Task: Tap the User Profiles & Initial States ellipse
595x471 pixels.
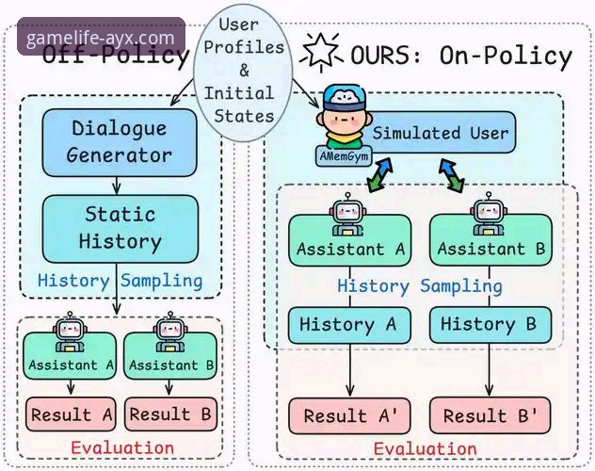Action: click(238, 71)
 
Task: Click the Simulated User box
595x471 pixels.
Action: click(438, 132)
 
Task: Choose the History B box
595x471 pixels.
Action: click(488, 325)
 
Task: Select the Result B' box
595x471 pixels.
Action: click(488, 415)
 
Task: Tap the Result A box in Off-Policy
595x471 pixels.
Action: click(70, 414)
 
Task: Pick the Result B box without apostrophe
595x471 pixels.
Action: click(171, 414)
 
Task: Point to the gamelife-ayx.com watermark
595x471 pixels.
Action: click(101, 39)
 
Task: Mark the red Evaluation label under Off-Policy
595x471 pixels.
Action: click(121, 447)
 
